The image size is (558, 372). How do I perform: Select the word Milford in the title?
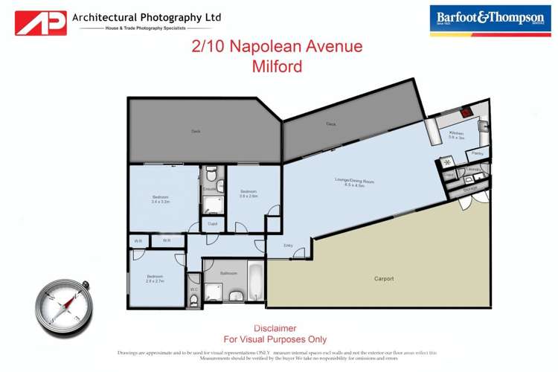277,66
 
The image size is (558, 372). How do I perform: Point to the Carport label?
384,278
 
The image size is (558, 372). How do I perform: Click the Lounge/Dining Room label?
353,182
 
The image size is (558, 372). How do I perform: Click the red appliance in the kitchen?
465,113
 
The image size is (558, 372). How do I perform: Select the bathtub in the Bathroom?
254,282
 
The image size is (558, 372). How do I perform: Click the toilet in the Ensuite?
211,176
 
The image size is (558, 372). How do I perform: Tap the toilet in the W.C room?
194,299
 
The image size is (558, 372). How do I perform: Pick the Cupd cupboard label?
212,223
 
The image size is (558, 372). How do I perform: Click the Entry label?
288,246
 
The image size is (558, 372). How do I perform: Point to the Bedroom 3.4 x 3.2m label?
161,199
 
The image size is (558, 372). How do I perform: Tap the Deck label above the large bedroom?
196,131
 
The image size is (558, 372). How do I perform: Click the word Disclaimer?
275,328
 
